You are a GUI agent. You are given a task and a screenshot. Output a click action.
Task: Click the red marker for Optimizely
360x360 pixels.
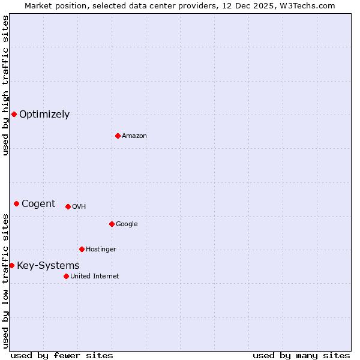pyautogui.click(x=14, y=114)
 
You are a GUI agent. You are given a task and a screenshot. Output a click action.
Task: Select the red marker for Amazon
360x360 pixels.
pyautogui.click(x=118, y=136)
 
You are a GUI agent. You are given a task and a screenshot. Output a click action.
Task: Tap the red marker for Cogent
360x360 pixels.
pyautogui.click(x=16, y=203)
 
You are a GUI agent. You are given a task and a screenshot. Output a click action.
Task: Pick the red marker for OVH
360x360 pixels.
pyautogui.click(x=68, y=206)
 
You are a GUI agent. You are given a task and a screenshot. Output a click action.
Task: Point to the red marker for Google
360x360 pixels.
pyautogui.click(x=112, y=224)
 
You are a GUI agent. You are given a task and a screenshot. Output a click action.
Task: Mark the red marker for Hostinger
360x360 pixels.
pyautogui.click(x=82, y=249)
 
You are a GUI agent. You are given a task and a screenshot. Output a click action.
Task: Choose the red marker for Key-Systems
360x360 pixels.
pyautogui.click(x=11, y=265)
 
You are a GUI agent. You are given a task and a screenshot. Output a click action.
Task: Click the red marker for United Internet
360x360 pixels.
pyautogui.click(x=66, y=276)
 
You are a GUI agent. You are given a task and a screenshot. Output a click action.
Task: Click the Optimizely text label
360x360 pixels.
pyautogui.click(x=44, y=115)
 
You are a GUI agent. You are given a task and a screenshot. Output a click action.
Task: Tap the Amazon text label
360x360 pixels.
pyautogui.click(x=134, y=136)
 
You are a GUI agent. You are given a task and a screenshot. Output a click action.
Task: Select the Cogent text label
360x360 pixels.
pyautogui.click(x=38, y=204)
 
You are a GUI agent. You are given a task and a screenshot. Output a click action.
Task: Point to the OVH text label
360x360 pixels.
pyautogui.click(x=79, y=207)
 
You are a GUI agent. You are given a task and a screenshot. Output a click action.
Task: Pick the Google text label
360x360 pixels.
pyautogui.click(x=127, y=224)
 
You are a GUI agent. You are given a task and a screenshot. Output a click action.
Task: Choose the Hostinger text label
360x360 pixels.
pyautogui.click(x=101, y=250)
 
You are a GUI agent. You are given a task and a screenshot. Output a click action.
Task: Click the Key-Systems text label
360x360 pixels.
pyautogui.click(x=48, y=266)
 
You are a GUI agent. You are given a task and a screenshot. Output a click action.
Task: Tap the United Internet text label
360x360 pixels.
pyautogui.click(x=95, y=277)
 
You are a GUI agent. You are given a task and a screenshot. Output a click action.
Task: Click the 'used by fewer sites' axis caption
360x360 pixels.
pyautogui.click(x=62, y=355)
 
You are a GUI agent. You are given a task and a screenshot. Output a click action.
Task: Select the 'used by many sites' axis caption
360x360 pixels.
pyautogui.click(x=301, y=355)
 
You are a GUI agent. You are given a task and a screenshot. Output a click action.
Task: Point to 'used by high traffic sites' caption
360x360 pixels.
pyautogui.click(x=5, y=85)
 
